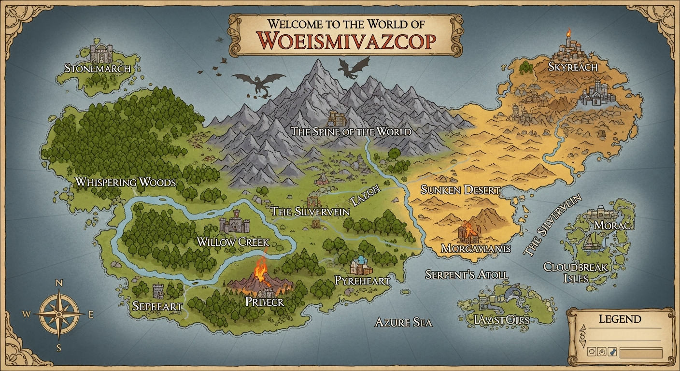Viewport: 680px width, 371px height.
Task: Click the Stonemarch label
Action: pyautogui.click(x=98, y=68)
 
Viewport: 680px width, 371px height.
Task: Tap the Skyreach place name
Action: pyautogui.click(x=573, y=67)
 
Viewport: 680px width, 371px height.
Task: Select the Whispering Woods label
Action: pyautogui.click(x=125, y=182)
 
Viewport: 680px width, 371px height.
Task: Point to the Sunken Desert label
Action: pyautogui.click(x=459, y=189)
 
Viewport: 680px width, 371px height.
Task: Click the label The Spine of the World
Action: pyautogui.click(x=351, y=131)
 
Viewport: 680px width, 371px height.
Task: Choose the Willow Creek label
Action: pyautogui.click(x=233, y=242)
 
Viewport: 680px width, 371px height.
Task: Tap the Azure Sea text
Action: pyautogui.click(x=403, y=322)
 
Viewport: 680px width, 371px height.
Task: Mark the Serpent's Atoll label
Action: pyautogui.click(x=466, y=274)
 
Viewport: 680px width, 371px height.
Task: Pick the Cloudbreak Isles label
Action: pyautogui.click(x=575, y=272)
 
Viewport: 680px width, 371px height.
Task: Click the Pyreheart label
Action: pyautogui.click(x=362, y=280)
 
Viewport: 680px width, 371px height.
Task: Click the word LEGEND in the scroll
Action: pyautogui.click(x=620, y=319)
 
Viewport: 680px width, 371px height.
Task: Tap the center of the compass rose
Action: pyautogui.click(x=58, y=314)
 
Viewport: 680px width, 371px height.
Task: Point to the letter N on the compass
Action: pyautogui.click(x=59, y=283)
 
